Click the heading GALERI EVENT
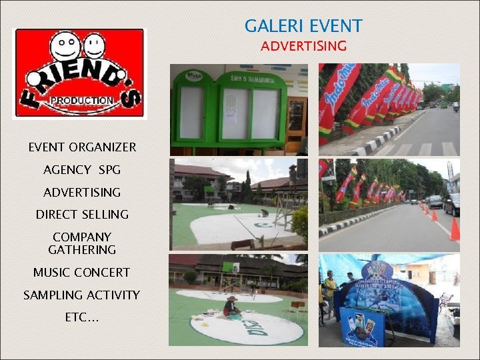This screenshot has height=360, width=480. [x=303, y=26]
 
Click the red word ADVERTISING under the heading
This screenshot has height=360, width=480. [x=303, y=46]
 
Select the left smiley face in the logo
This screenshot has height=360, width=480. [x=65, y=47]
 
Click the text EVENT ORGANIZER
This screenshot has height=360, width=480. [x=82, y=147]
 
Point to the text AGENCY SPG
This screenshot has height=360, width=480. [x=82, y=170]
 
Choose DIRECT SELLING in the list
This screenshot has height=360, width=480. [x=82, y=214]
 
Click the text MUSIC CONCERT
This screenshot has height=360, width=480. [x=82, y=272]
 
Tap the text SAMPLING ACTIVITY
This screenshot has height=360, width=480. [x=82, y=295]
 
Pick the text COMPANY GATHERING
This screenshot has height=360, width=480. [x=82, y=243]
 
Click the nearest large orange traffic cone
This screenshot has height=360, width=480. [x=455, y=229]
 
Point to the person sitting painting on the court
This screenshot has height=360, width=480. [x=231, y=307]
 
